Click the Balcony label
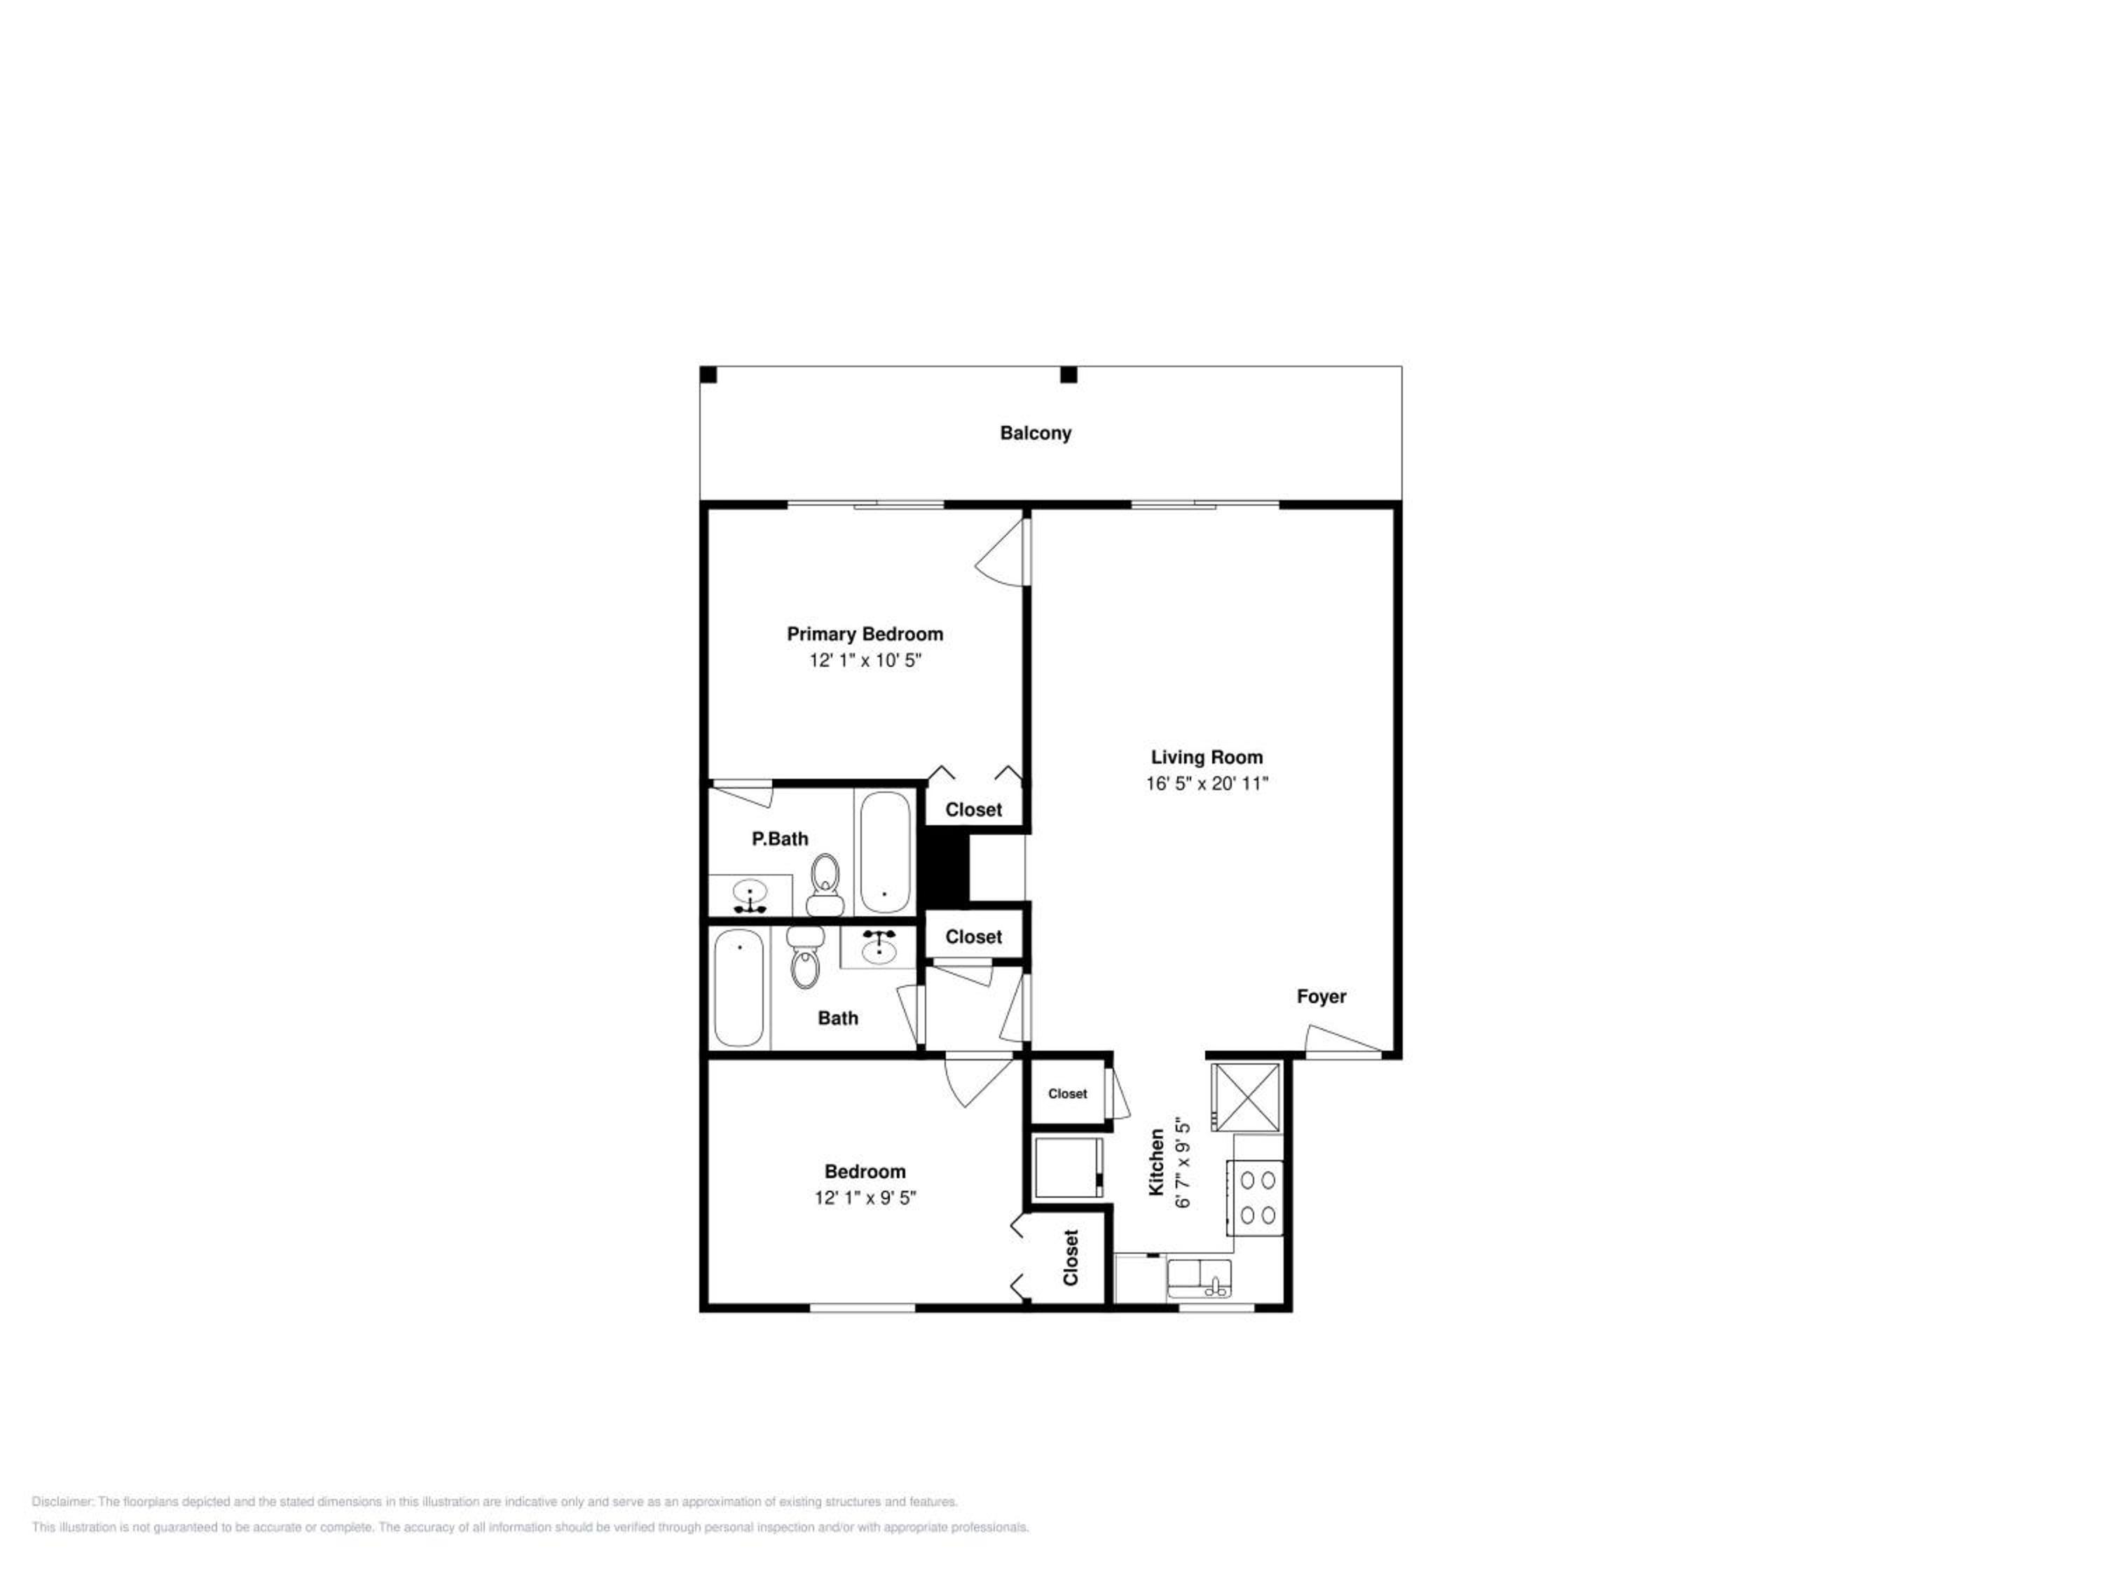tap(1035, 433)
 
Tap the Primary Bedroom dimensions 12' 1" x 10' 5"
tap(865, 661)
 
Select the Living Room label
tap(1207, 757)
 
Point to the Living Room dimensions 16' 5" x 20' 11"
tap(1207, 784)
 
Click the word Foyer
tap(1321, 997)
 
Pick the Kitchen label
tap(1157, 1162)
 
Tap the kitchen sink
tap(1200, 1278)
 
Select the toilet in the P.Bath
tap(825, 885)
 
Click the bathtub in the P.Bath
tap(885, 852)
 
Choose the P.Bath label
tap(779, 839)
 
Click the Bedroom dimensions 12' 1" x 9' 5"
tap(865, 1198)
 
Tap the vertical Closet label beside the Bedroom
tap(1071, 1258)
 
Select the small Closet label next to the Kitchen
tap(1067, 1093)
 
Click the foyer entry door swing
tap(1342, 1040)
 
